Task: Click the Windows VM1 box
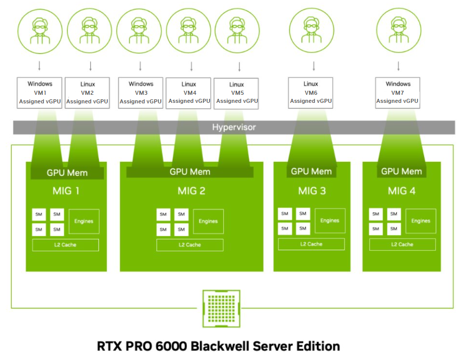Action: pyautogui.click(x=40, y=92)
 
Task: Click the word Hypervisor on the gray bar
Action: pyautogui.click(x=234, y=127)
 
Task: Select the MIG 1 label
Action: pyautogui.click(x=66, y=191)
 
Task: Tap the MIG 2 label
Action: pyautogui.click(x=191, y=191)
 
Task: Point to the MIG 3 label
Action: pyautogui.click(x=312, y=191)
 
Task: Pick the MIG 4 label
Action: pyautogui.click(x=402, y=191)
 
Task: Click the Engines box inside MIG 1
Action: pyautogui.click(x=84, y=221)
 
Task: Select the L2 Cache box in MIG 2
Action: pyautogui.click(x=189, y=245)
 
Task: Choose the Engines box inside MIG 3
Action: pyautogui.click(x=330, y=220)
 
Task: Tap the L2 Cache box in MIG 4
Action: pyautogui.click(x=402, y=245)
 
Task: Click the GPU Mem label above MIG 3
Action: pyautogui.click(x=311, y=171)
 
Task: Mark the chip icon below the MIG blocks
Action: pyautogui.click(x=221, y=308)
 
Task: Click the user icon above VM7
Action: pyautogui.click(x=398, y=30)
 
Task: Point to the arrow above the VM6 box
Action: pyautogui.click(x=314, y=66)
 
